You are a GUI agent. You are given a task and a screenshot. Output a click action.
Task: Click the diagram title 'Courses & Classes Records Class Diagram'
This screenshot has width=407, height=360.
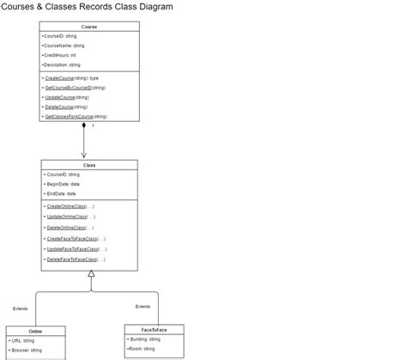[x=87, y=7]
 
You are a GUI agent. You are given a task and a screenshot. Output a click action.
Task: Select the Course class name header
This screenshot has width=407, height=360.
[x=89, y=27]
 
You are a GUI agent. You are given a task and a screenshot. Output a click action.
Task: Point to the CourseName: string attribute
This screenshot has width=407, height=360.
[x=63, y=46]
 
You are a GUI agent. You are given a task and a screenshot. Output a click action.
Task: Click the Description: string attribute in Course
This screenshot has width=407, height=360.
[x=61, y=64]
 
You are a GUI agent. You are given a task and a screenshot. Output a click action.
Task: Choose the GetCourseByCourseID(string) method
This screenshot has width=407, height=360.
[x=75, y=88]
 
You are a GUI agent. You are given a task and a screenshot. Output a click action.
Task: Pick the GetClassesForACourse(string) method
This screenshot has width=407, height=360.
[x=76, y=116]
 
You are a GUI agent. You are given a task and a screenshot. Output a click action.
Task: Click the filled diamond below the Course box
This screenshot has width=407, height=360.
[x=84, y=125]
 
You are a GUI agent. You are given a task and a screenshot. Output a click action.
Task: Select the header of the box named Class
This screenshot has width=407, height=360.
[x=89, y=165]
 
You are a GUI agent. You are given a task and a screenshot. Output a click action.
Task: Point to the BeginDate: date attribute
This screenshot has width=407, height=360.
[x=62, y=184]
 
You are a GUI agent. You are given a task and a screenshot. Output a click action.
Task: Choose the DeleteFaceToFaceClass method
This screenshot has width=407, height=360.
[x=76, y=259]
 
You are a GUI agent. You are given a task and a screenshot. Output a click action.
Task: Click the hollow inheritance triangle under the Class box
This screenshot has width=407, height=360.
[x=91, y=274]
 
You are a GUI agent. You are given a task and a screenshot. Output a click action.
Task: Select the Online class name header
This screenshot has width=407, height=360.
[x=35, y=331]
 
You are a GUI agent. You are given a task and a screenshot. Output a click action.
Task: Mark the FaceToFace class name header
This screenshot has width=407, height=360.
[x=154, y=329]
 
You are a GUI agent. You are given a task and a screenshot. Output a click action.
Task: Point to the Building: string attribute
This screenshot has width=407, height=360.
[x=143, y=339]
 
